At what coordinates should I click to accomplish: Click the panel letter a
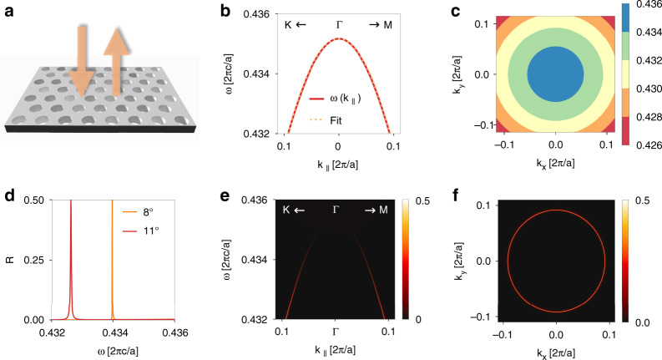[x=7, y=10]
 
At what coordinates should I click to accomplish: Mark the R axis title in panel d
[x=10, y=261]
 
